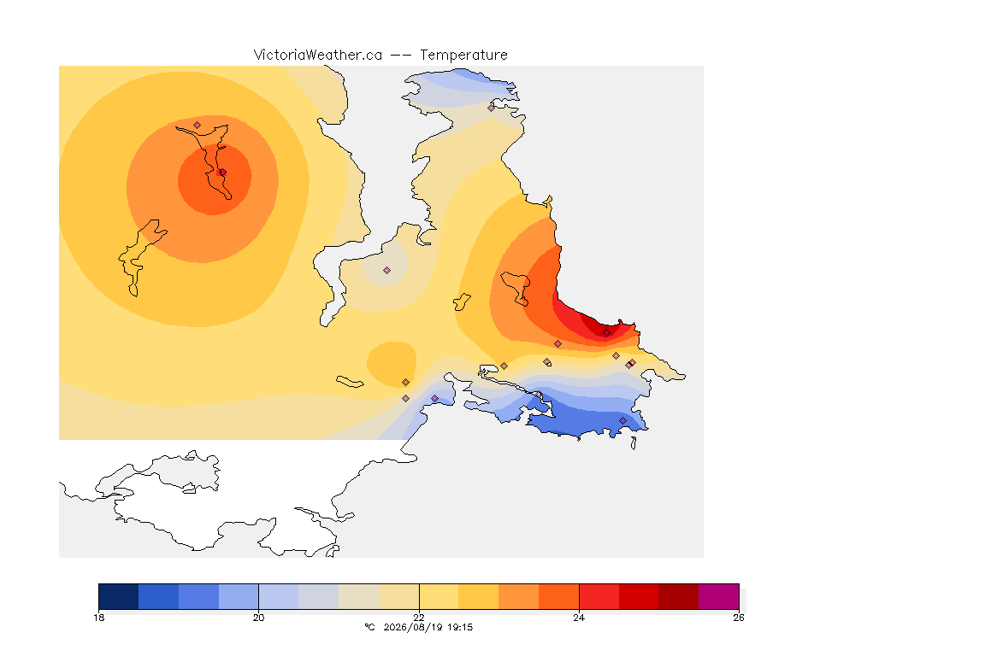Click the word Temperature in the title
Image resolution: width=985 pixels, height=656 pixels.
pos(463,56)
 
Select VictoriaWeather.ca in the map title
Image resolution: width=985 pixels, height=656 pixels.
pos(318,56)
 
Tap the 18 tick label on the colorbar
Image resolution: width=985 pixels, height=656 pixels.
pos(98,618)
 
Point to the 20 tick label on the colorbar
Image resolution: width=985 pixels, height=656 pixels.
pos(259,618)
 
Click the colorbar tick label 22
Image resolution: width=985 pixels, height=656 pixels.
pos(419,618)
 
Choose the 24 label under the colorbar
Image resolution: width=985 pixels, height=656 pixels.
pos(579,618)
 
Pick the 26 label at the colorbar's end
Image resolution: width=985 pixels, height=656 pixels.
pos(739,618)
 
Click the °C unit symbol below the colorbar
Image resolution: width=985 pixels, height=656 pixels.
pos(369,627)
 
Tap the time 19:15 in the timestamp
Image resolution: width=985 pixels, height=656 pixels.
pos(460,627)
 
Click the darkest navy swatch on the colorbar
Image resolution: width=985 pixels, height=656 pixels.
pos(119,596)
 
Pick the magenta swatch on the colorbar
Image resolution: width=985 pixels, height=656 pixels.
pos(718,596)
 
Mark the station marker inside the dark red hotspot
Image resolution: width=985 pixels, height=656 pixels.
pos(606,333)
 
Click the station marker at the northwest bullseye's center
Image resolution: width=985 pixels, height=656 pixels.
pos(222,173)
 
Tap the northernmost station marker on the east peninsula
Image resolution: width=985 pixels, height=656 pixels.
pos(492,108)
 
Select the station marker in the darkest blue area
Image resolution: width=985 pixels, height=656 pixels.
pos(622,420)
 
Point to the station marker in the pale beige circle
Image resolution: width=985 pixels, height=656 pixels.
pos(387,271)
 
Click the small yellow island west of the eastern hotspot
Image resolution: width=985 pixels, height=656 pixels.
pos(462,302)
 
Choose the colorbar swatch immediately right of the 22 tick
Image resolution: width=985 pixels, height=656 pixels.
pos(439,596)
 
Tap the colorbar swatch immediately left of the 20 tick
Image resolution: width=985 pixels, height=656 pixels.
pos(239,596)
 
